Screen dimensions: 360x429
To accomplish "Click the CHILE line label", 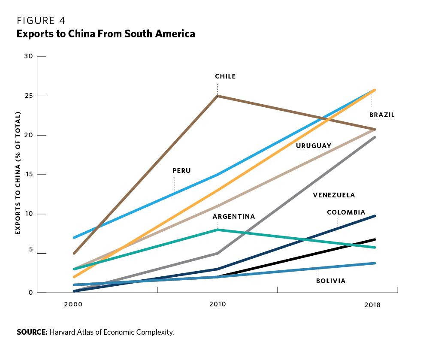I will pos(225,76).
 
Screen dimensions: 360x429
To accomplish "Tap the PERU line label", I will pos(181,171).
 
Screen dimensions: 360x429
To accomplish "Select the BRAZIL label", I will pos(382,115).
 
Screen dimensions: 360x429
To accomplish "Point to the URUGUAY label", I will pos(314,146).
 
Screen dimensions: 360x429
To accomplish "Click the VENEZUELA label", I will pos(334,195).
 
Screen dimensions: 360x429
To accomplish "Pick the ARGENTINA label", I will pos(234,217).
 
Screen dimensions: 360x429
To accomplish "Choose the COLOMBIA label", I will pos(346,212).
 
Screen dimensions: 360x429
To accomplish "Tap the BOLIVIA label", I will pos(331,281).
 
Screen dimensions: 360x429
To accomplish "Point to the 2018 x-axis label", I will pos(372,305).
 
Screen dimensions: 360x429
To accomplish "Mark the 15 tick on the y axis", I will pos(29,175).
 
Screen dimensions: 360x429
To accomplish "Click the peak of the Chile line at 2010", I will pos(218,96).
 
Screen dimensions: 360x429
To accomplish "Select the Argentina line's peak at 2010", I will pos(218,230).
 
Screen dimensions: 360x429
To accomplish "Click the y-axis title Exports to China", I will pos(18,173).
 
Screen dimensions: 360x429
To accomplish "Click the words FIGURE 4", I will pos(41,20).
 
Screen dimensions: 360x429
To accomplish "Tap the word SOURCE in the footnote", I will pos(32,332).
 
